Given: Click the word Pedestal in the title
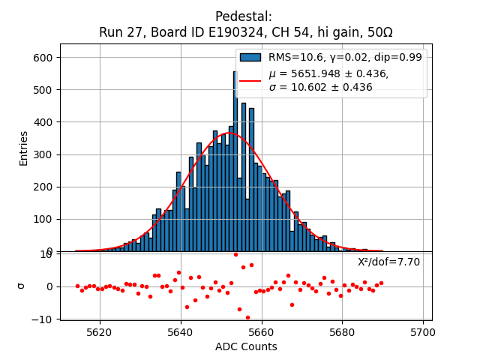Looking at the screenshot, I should pos(244,16).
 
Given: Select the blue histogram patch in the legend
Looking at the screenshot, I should pos(250,57).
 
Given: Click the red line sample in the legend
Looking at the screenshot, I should pos(250,80).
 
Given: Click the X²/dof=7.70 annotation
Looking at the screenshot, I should pos(388,262).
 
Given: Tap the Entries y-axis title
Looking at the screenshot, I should pos(24,148).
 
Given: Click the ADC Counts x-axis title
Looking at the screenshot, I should pos(245,346).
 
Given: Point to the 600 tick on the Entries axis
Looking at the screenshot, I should pos(44,58).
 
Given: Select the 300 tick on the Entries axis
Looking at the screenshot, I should pos(44,154).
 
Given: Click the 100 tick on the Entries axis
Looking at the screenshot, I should pos(44,219).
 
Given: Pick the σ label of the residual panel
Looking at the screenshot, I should pos(22,286).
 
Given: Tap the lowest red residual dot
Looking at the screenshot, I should pos(247,317).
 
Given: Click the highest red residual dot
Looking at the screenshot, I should pos(235,254).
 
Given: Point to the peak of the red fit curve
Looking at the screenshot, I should pos(229,133).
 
